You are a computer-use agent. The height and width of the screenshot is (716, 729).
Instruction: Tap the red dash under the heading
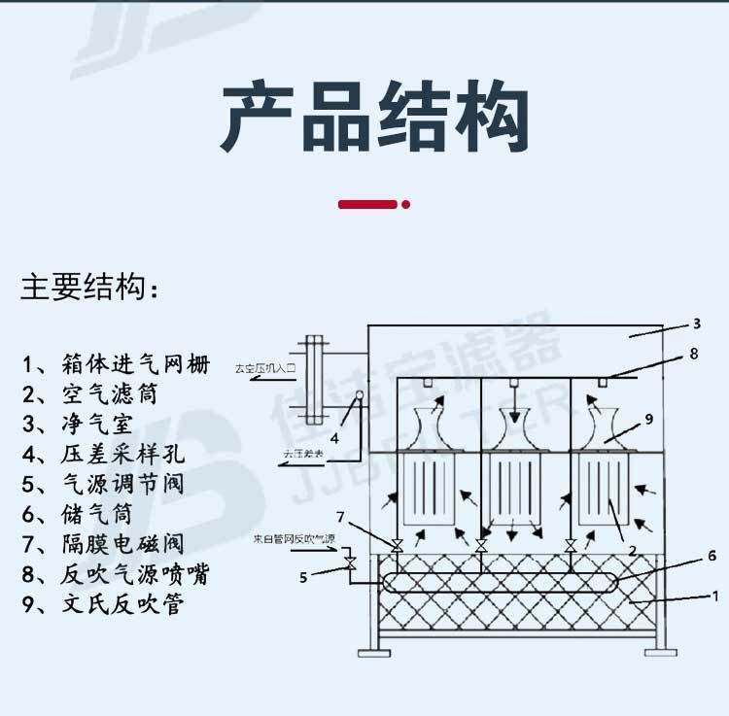pos(373,204)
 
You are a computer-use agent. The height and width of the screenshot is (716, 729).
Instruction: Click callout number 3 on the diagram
pos(696,324)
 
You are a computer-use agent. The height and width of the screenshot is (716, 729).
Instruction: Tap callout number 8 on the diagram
pos(693,355)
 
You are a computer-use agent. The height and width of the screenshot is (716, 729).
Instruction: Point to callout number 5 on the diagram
pos(302,577)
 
